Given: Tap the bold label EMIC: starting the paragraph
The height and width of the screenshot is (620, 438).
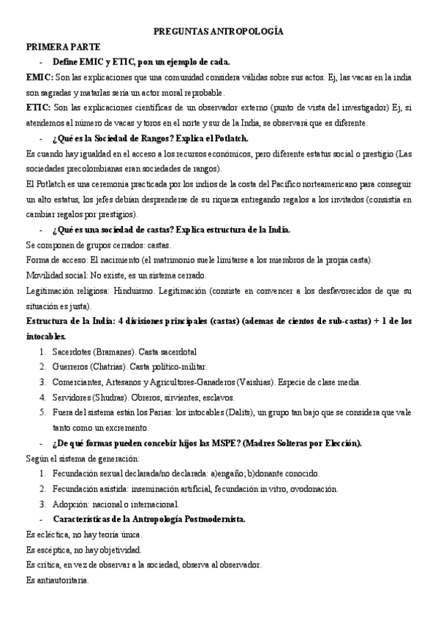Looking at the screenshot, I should pyautogui.click(x=39, y=77).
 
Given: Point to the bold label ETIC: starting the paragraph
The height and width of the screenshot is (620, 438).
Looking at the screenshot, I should pyautogui.click(x=38, y=107).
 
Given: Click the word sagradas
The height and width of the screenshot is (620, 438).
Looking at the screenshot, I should pyautogui.click(x=50, y=92).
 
